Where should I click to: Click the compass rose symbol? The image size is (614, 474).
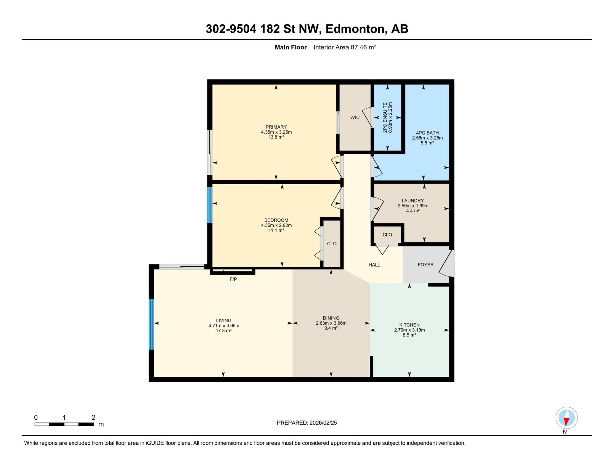pos(566,418)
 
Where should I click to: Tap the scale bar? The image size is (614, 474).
pos(64,424)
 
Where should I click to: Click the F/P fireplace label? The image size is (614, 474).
pos(233,279)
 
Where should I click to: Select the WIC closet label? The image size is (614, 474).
pos(355,118)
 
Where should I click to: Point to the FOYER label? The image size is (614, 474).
pos(426,265)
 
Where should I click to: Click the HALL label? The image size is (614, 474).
pos(374,265)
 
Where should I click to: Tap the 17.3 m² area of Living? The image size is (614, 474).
pos(224,331)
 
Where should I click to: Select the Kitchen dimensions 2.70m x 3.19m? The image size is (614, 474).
pos(409,330)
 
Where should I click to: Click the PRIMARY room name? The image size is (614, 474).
pos(276,127)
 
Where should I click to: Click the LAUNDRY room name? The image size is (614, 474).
pos(413,201)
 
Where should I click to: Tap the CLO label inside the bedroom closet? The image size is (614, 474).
pos(332,244)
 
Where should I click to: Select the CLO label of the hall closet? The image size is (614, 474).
pos(387,235)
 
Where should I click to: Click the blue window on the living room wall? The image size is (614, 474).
pos(151,324)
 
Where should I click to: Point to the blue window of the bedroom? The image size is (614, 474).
pos(210,205)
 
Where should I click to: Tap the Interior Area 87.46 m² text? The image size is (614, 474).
pos(345,48)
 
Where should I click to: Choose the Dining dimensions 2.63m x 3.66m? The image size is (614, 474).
pos(331,323)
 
